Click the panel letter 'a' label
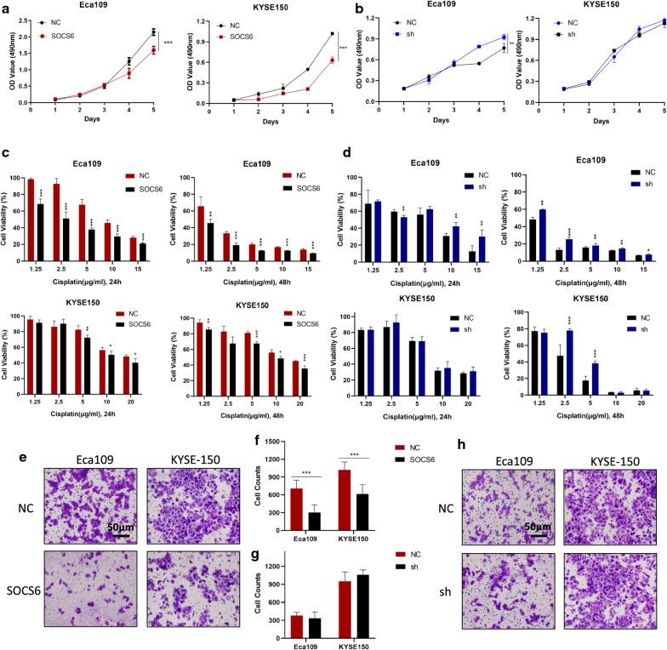[6, 7]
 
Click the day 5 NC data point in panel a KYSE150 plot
[308, 34]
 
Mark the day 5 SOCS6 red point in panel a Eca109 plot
[152, 50]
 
